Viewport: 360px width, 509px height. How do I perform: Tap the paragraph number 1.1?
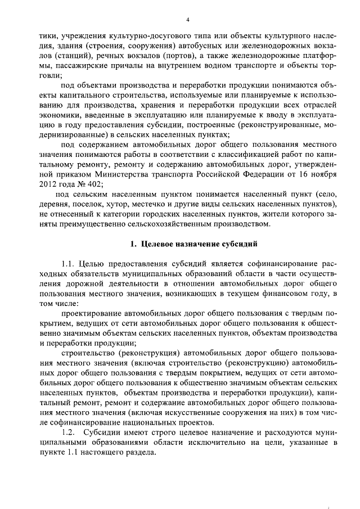(x=67, y=264)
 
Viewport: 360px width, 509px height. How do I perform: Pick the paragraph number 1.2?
(x=67, y=433)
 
